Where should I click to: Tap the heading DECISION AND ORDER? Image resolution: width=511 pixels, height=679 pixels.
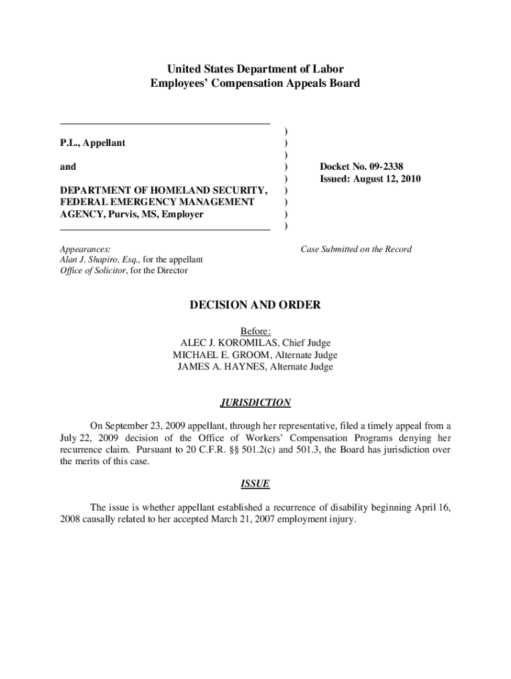tap(256, 305)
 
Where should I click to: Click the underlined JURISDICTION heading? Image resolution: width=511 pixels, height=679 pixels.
tap(256, 402)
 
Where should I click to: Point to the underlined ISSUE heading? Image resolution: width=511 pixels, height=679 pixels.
tap(256, 484)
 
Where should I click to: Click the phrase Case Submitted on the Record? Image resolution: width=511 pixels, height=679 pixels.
tap(356, 249)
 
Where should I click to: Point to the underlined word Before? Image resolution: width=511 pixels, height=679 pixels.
tap(256, 331)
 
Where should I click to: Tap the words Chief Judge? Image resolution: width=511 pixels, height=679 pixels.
tap(306, 343)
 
